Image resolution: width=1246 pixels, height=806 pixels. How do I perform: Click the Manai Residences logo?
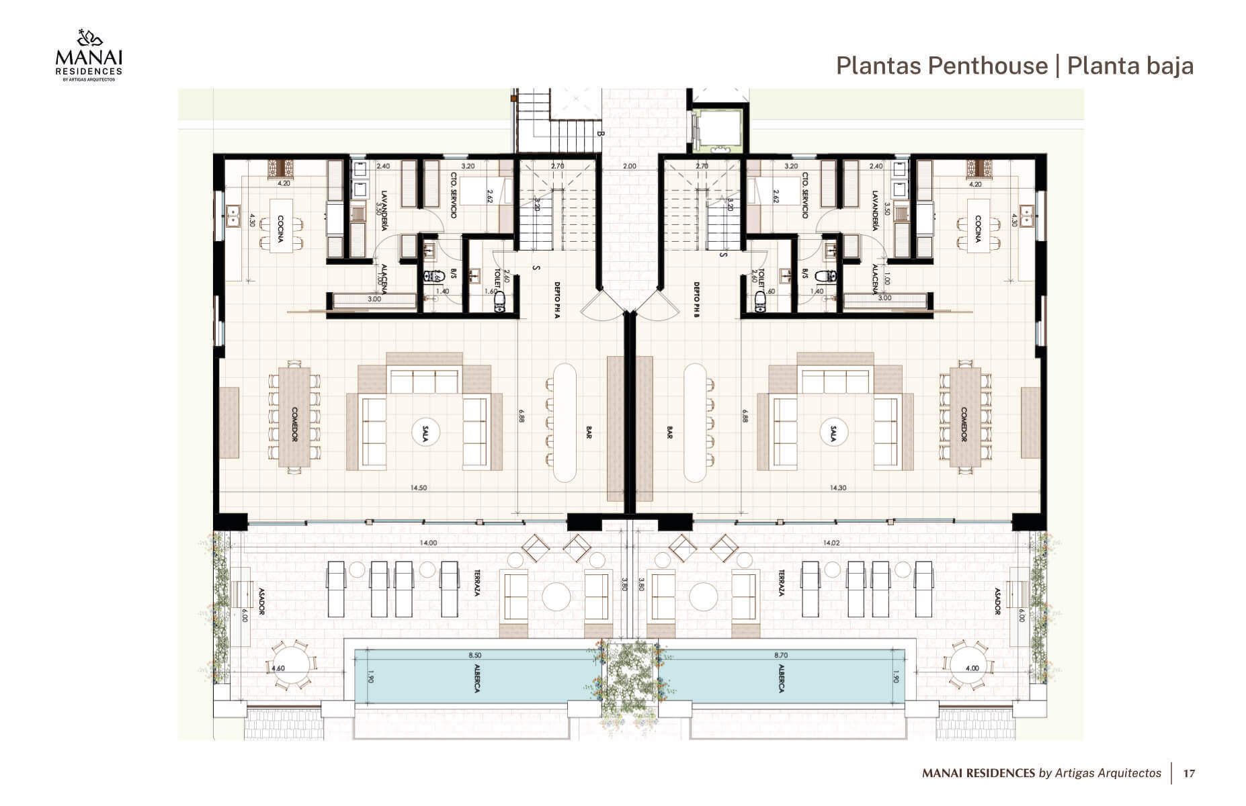coord(89,56)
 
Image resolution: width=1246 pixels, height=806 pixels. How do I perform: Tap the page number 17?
coord(1189,773)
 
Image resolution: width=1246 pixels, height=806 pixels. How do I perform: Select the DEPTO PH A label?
coord(557,300)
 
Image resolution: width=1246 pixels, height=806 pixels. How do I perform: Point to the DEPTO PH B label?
coord(697,300)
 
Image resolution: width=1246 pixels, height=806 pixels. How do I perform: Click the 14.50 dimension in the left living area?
coord(418,488)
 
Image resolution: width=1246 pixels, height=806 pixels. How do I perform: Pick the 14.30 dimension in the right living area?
coord(838,488)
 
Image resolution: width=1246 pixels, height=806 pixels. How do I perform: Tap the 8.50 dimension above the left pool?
coord(474,656)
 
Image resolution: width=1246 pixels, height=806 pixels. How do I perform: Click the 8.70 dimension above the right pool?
coord(781,656)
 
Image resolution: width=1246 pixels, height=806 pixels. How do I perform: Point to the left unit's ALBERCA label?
coord(476,678)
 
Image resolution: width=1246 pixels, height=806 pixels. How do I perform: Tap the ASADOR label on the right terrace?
coord(997,602)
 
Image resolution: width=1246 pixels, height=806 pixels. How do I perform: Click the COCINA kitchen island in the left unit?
coord(281,226)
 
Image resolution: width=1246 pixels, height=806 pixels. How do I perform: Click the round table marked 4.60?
coord(292,666)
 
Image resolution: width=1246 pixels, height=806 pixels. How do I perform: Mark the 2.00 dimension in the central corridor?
coord(629,166)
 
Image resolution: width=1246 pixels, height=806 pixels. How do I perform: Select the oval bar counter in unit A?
coord(565,422)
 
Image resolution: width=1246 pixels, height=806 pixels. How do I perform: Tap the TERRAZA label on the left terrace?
coord(476,584)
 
